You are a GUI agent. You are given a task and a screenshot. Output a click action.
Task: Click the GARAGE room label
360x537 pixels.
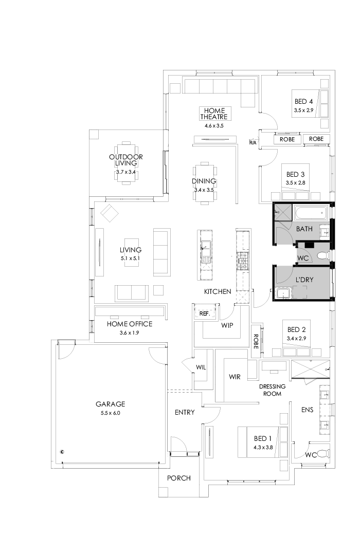(110, 404)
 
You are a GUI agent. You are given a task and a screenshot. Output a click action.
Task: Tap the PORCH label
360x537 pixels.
(178, 478)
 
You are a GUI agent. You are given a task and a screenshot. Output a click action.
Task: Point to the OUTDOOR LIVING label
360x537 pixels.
(125, 160)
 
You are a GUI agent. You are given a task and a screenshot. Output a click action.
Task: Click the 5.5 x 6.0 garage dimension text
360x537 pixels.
(110, 413)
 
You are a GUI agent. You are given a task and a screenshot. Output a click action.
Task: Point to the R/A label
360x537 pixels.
(253, 142)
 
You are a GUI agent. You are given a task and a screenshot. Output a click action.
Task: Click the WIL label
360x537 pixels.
(201, 367)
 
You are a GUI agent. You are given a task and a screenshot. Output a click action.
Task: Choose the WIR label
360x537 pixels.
(235, 377)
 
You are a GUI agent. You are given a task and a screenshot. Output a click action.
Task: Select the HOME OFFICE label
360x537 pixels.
(130, 324)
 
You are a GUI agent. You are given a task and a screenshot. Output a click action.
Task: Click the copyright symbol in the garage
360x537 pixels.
(62, 452)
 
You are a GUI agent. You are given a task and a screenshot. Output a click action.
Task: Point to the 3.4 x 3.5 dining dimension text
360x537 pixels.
(204, 190)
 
